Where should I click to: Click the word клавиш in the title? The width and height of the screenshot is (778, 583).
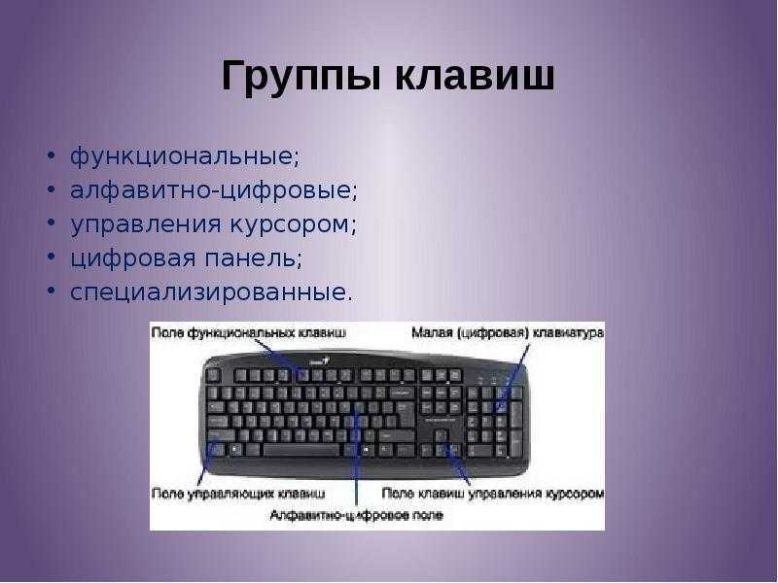pos(475,76)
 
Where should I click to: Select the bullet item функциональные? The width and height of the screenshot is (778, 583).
pos(185,156)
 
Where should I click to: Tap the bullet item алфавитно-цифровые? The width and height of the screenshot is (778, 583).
pos(213,190)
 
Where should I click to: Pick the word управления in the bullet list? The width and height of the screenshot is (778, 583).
pos(145,224)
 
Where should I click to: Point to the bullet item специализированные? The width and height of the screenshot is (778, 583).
pos(211,292)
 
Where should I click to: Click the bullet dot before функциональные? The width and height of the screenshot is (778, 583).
pos(52,156)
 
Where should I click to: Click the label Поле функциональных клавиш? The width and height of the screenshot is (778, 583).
pos(249,332)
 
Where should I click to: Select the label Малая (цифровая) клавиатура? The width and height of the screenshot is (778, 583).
pos(508,332)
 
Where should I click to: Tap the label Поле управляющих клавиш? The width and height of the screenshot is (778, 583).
pos(238,494)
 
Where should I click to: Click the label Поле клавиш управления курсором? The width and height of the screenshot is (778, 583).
pos(493,494)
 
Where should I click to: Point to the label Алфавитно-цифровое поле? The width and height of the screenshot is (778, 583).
pos(356,515)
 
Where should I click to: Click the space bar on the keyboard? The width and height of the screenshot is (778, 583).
pos(301,450)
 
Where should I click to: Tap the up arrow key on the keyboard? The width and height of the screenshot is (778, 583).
pos(441,436)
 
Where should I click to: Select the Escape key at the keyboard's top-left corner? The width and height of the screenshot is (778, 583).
pos(213,375)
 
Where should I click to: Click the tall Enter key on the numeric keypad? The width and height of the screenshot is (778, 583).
pos(516,444)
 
